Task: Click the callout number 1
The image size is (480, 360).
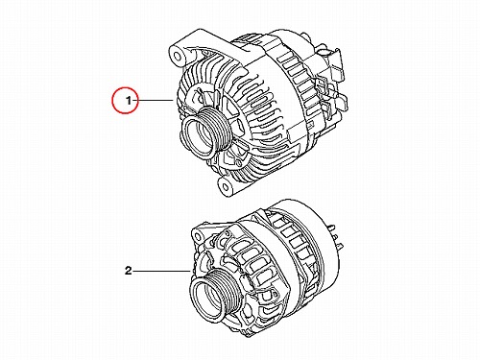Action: tap(129, 101)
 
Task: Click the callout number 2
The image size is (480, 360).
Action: tap(128, 271)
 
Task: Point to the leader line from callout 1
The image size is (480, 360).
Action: tap(156, 101)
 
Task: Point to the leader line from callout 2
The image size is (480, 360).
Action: tap(161, 271)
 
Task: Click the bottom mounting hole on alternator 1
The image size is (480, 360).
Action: tap(226, 186)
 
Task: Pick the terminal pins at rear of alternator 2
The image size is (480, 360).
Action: tap(336, 237)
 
